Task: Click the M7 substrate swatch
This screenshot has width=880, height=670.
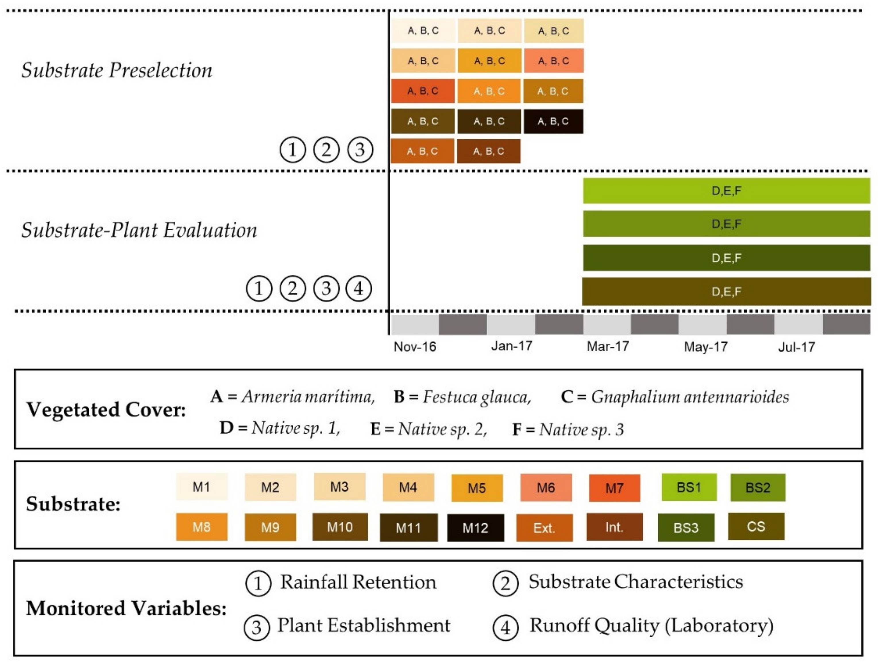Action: coord(614,488)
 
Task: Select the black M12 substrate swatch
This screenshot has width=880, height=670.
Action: coord(475,527)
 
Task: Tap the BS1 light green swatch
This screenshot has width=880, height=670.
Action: coord(689,487)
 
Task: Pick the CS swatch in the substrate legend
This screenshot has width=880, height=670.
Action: coord(756,526)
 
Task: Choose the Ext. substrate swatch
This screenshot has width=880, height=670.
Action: coord(544,527)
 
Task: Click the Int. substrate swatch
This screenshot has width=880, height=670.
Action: coord(614,527)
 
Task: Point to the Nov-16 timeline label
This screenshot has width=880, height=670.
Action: coord(415,346)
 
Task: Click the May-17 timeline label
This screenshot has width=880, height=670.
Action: coord(705,346)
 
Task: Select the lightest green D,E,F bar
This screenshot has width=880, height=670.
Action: coord(726,191)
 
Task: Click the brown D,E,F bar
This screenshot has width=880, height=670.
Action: coord(726,292)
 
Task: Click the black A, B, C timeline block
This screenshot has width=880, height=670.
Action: coord(553,121)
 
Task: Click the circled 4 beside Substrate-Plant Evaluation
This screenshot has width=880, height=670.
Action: coord(358,288)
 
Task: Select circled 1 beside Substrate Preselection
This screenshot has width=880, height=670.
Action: coord(293,150)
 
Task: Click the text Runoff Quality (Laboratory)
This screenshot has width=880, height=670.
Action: coord(651,625)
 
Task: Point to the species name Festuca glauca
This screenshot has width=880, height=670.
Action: coord(476,397)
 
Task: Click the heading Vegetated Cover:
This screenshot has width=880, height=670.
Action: coord(106,410)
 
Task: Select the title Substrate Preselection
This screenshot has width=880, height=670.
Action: coord(116,70)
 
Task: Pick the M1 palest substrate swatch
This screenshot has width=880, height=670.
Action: coord(201,487)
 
